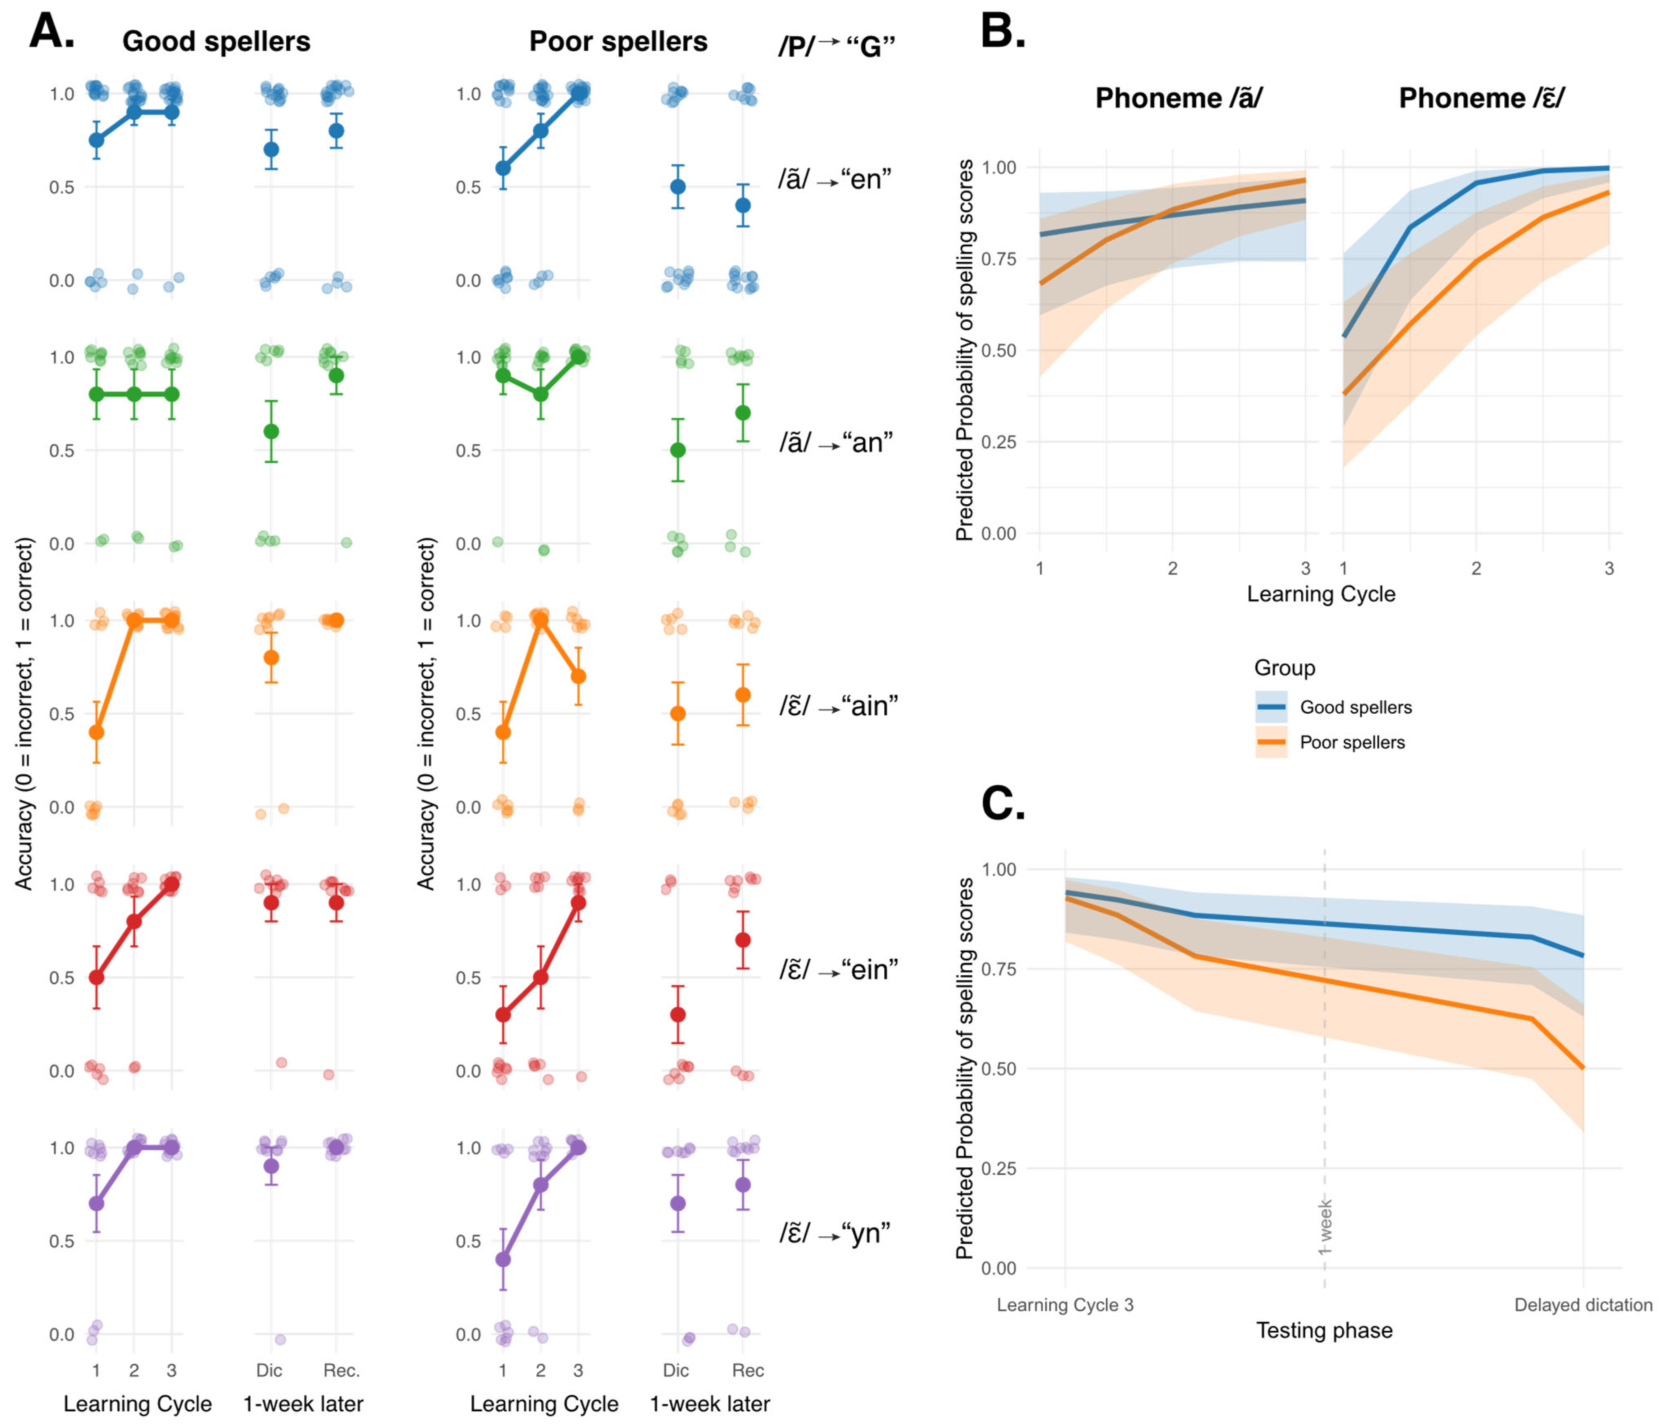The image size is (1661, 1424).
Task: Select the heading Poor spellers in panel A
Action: pos(618,42)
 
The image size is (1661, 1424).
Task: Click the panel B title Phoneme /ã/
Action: pos(1178,98)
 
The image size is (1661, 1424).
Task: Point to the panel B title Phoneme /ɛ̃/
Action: pos(1481,98)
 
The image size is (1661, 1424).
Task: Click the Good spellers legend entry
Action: pos(1355,707)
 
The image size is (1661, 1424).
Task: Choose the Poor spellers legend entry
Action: pos(1352,743)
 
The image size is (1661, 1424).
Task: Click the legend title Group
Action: pos(1284,668)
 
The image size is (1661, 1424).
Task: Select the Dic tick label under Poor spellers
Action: pos(676,1370)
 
